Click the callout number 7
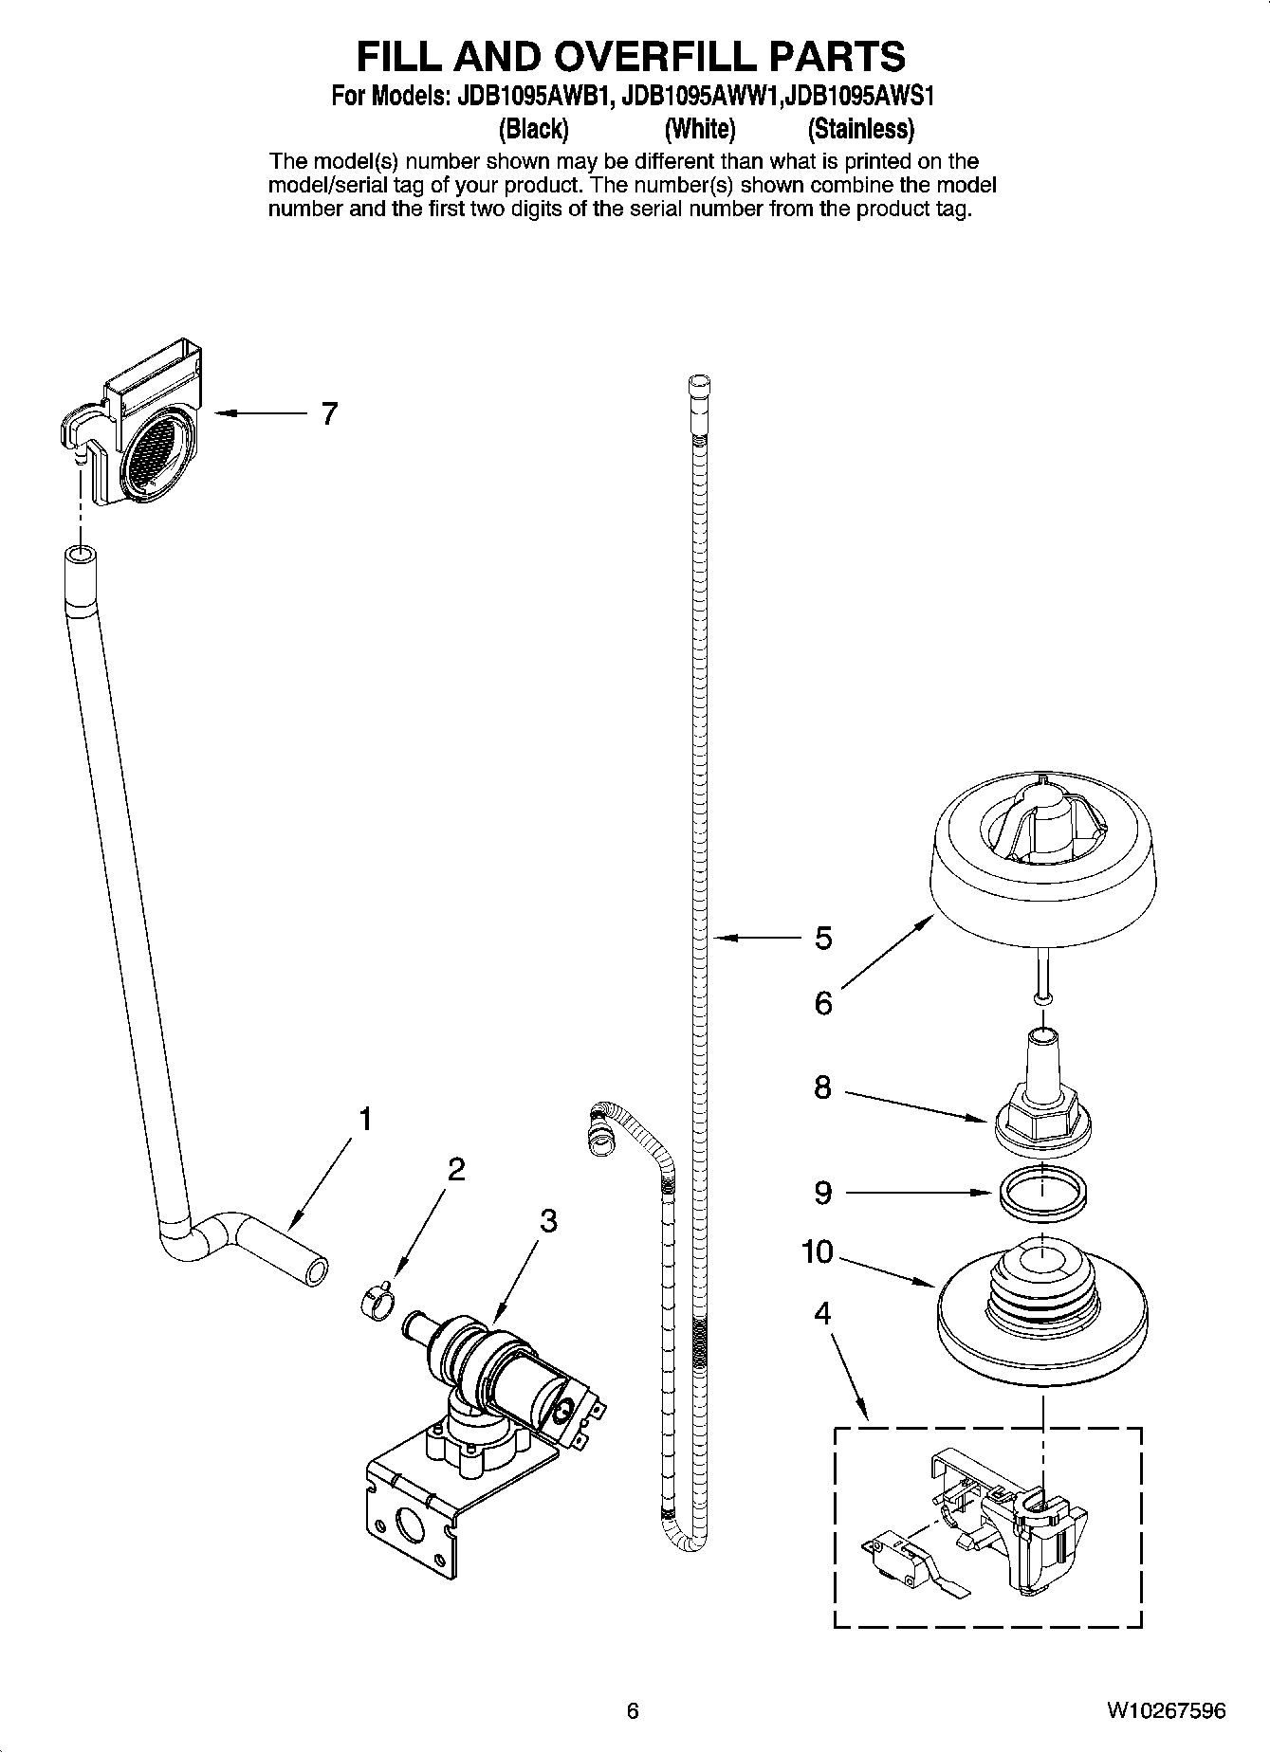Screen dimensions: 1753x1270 (328, 414)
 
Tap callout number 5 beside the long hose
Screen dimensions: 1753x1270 (823, 938)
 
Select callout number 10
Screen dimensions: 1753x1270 (816, 1252)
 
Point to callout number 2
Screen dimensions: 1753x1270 (455, 1169)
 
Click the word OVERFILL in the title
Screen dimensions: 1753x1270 (610, 56)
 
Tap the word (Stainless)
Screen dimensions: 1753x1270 (860, 128)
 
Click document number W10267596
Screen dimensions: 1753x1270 (1166, 1710)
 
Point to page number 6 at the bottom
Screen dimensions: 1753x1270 (633, 1710)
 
